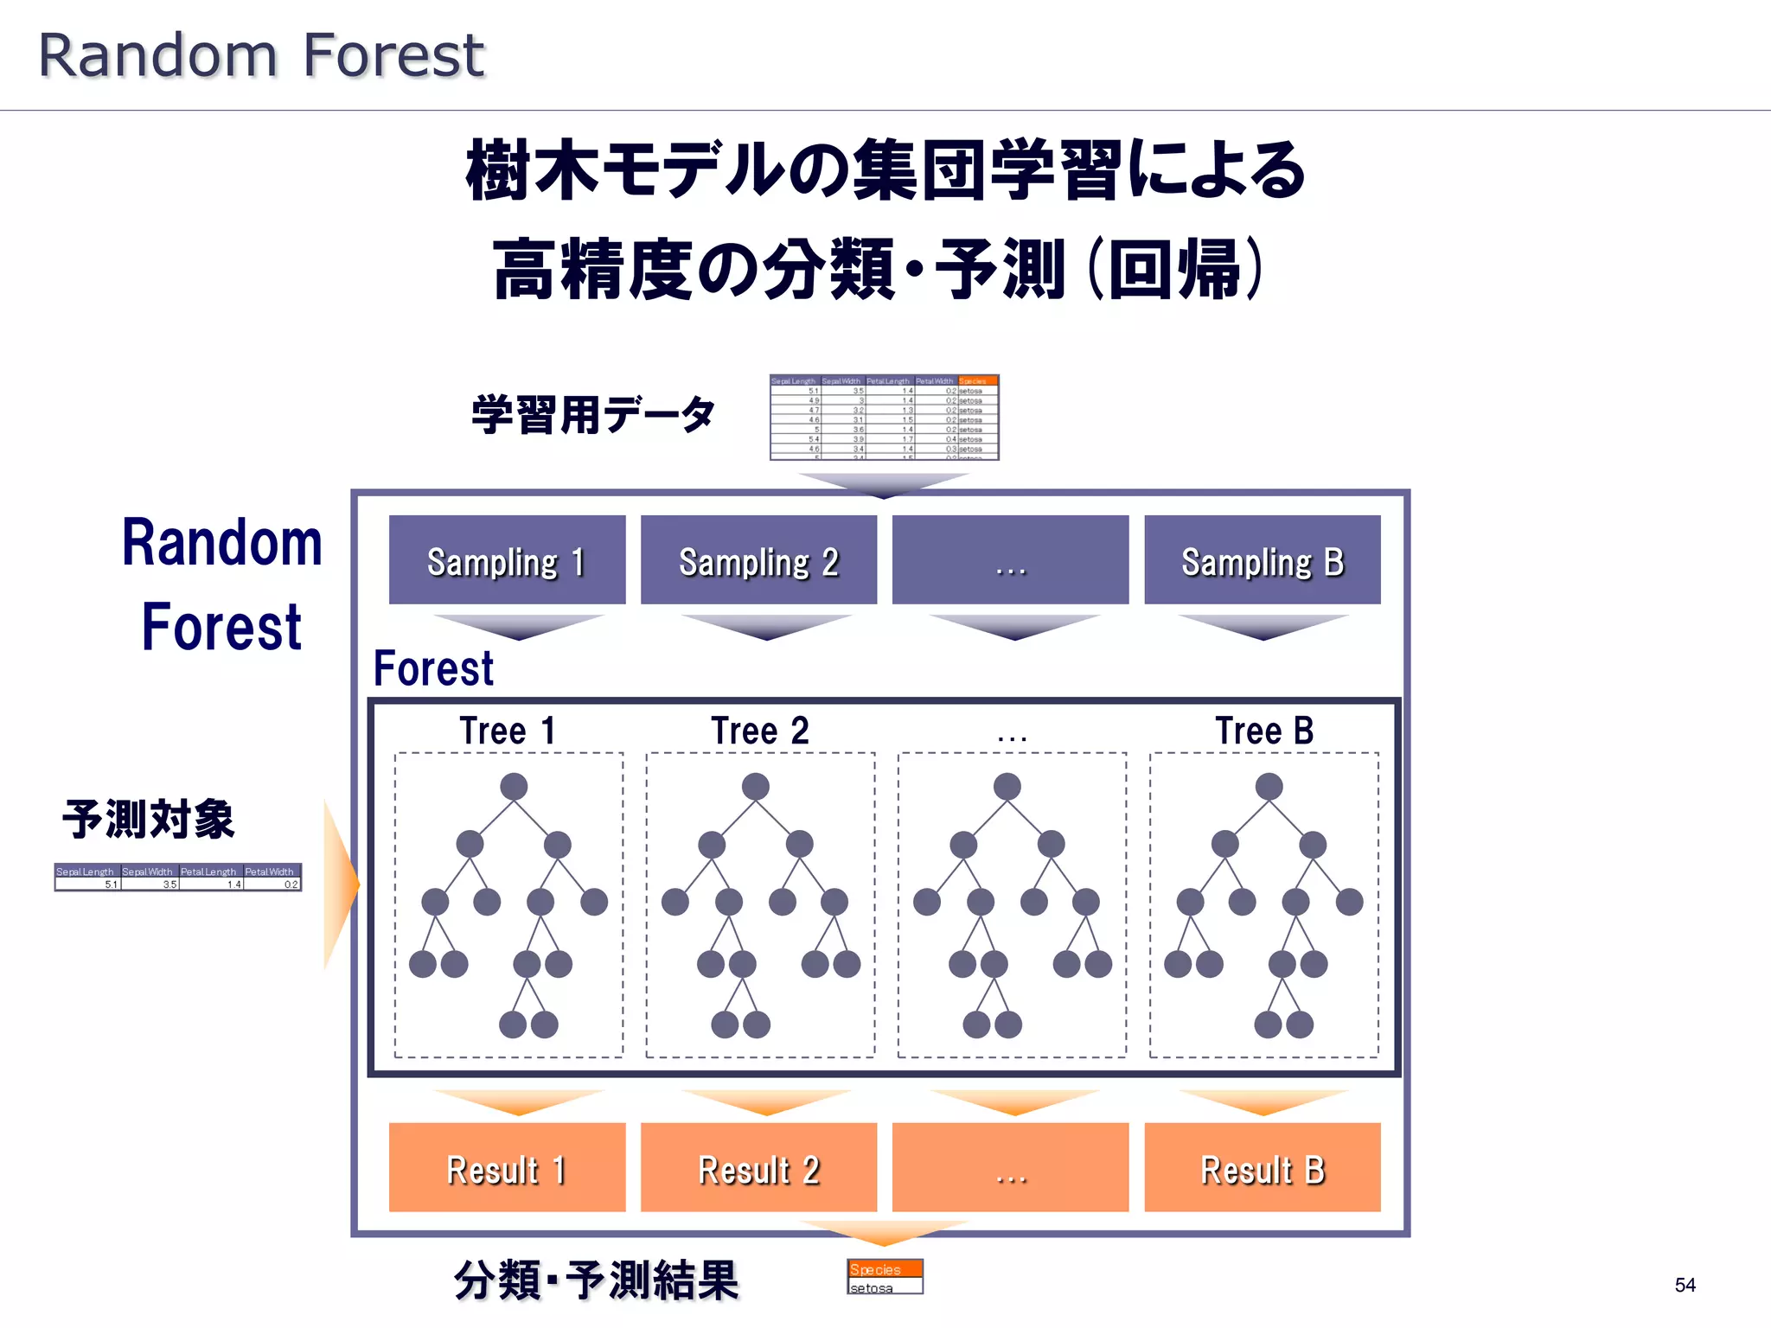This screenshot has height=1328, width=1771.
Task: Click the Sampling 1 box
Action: pyautogui.click(x=507, y=560)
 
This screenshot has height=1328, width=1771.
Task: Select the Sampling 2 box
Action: pyautogui.click(x=758, y=560)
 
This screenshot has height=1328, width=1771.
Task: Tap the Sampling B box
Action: pyautogui.click(x=1262, y=560)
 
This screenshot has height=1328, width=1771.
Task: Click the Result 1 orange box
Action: pyautogui.click(x=507, y=1167)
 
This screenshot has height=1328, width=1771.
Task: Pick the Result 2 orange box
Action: pyautogui.click(x=758, y=1167)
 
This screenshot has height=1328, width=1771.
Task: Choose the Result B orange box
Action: pyautogui.click(x=1262, y=1167)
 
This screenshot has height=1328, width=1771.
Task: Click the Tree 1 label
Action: pyautogui.click(x=508, y=731)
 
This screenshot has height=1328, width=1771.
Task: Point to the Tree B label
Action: pyautogui.click(x=1263, y=731)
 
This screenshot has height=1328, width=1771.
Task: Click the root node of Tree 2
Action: pyautogui.click(x=755, y=787)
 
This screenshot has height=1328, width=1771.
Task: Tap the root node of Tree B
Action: pyautogui.click(x=1269, y=787)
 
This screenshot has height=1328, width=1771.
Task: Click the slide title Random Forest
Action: pyautogui.click(x=261, y=55)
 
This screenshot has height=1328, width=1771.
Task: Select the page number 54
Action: pyautogui.click(x=1685, y=1285)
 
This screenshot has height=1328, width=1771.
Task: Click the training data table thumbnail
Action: pyautogui.click(x=884, y=418)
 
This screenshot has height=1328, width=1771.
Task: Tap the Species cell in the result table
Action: pyautogui.click(x=884, y=1268)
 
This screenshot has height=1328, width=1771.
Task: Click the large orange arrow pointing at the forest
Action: pyautogui.click(x=341, y=884)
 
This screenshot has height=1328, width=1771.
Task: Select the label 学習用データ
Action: pyautogui.click(x=593, y=415)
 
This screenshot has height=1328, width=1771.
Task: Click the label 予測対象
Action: pyautogui.click(x=149, y=819)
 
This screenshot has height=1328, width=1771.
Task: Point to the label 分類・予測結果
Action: pyautogui.click(x=596, y=1280)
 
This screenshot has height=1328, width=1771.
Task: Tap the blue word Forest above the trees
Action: pyautogui.click(x=433, y=668)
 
